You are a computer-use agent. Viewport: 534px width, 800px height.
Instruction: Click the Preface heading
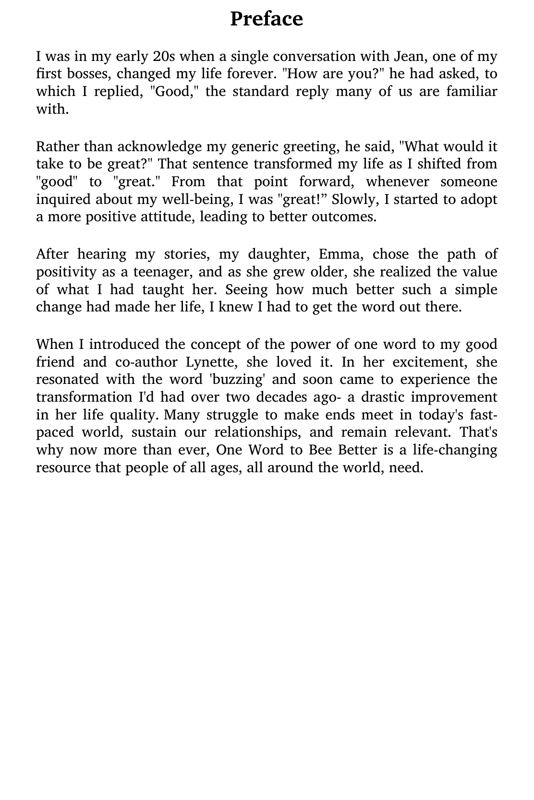(x=267, y=19)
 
